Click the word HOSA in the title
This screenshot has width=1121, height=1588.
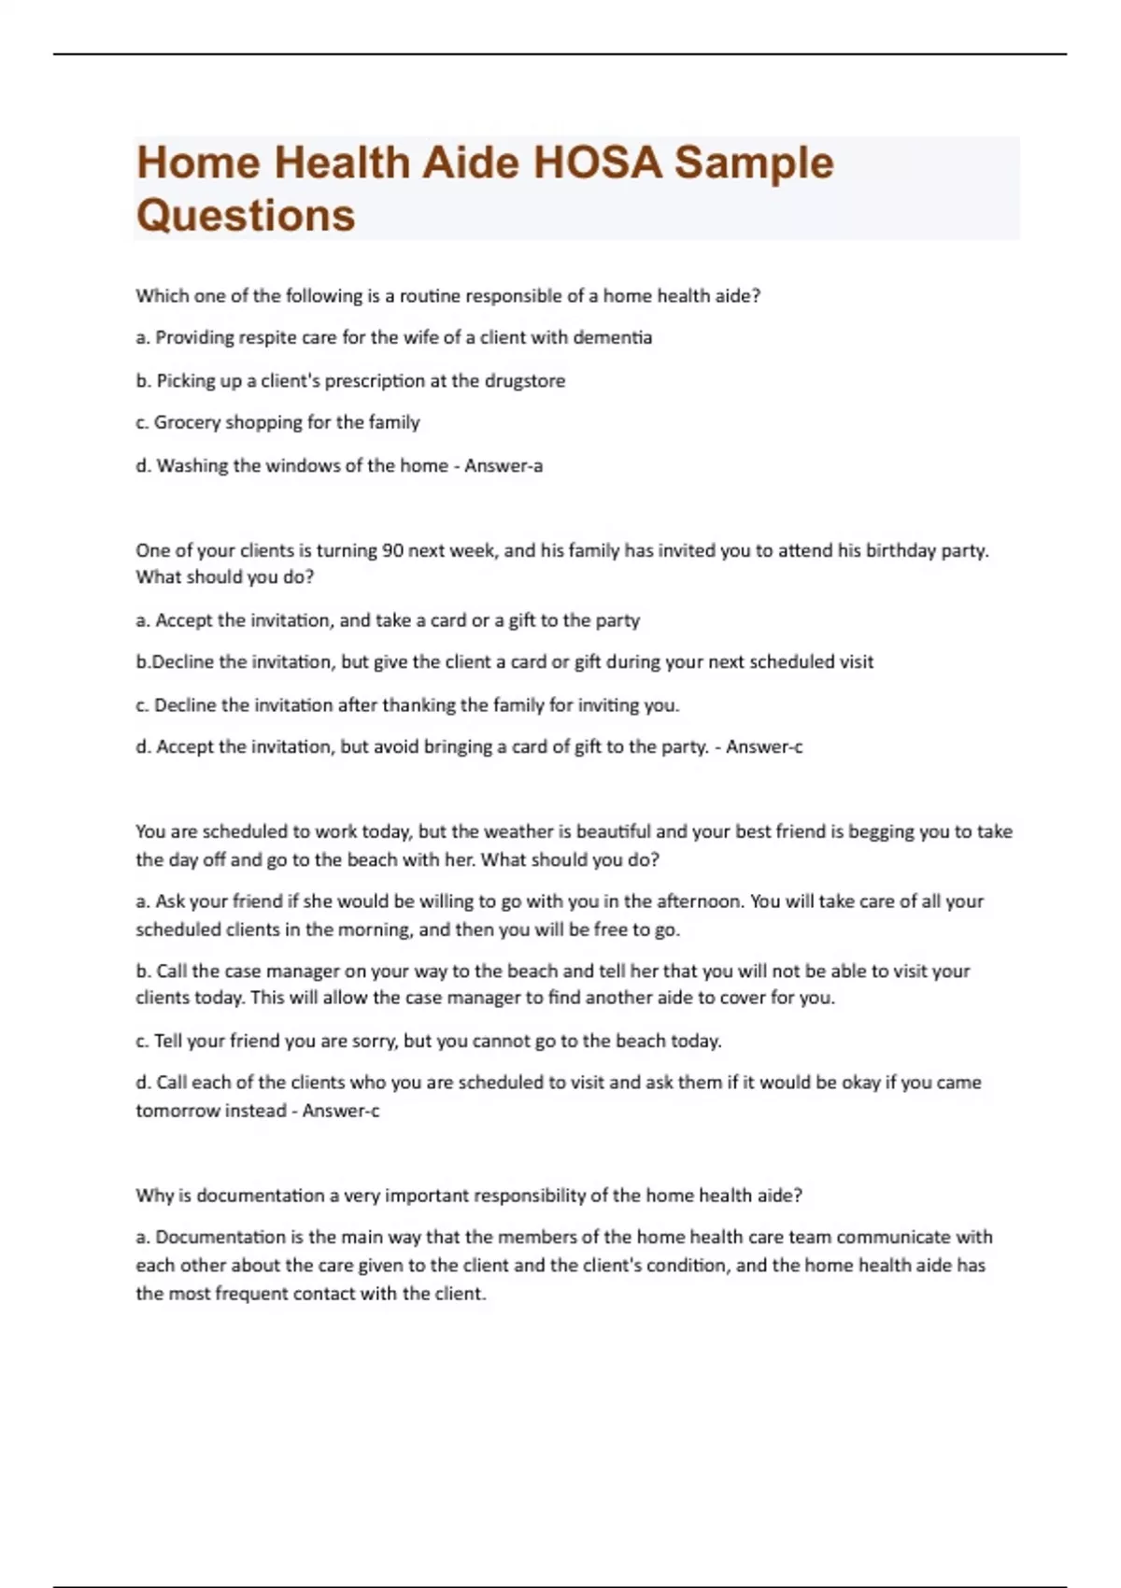(x=597, y=163)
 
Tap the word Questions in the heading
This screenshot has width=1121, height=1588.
(x=246, y=215)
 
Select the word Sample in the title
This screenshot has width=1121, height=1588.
(x=754, y=163)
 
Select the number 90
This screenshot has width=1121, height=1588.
(x=392, y=550)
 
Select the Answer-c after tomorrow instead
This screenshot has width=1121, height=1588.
(x=341, y=1111)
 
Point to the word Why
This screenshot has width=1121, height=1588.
(x=151, y=1196)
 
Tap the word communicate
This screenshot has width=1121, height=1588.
(x=892, y=1237)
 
